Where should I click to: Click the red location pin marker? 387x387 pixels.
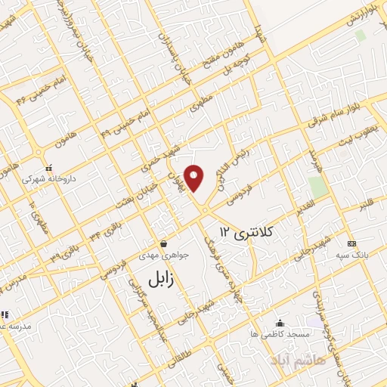195,177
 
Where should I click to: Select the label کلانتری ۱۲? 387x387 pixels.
248,228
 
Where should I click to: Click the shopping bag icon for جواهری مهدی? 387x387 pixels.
163,243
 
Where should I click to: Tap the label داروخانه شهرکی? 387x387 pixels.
46,180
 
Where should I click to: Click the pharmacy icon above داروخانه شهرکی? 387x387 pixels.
48,168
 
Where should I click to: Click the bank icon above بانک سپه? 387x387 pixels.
351,243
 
